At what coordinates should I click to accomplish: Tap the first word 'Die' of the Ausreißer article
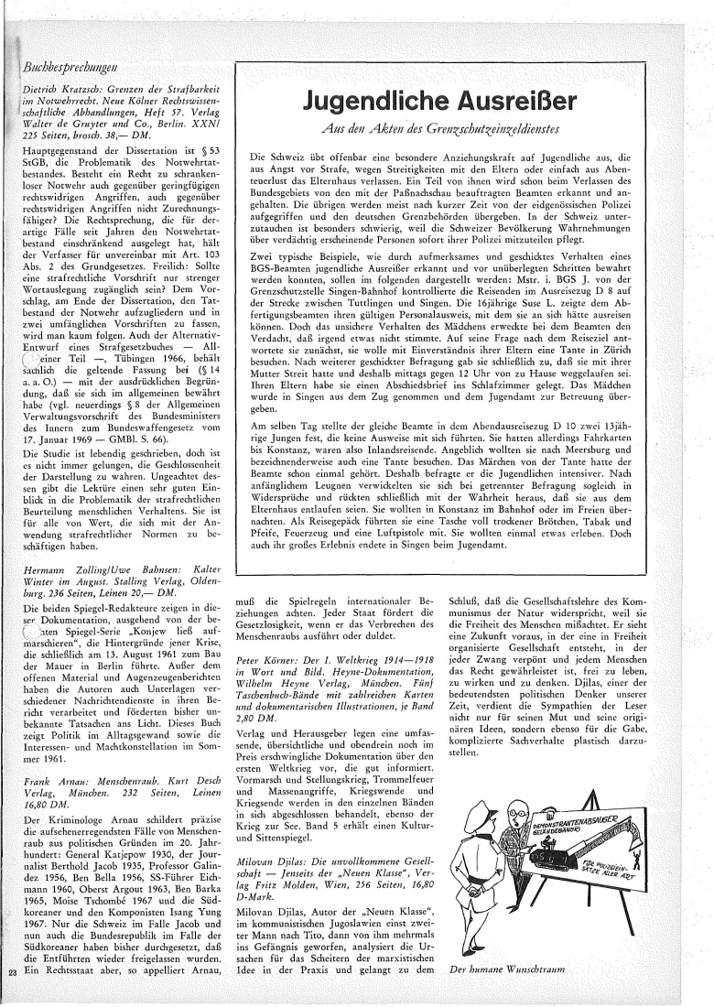pyautogui.click(x=258, y=157)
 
